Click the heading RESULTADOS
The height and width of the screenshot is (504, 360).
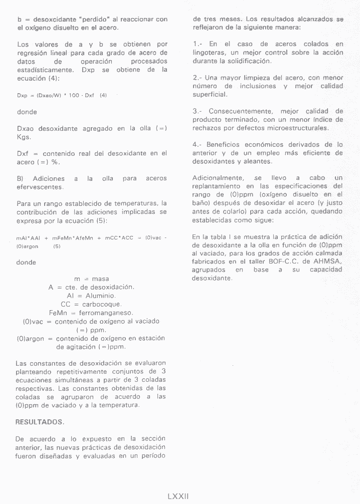point(39,422)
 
